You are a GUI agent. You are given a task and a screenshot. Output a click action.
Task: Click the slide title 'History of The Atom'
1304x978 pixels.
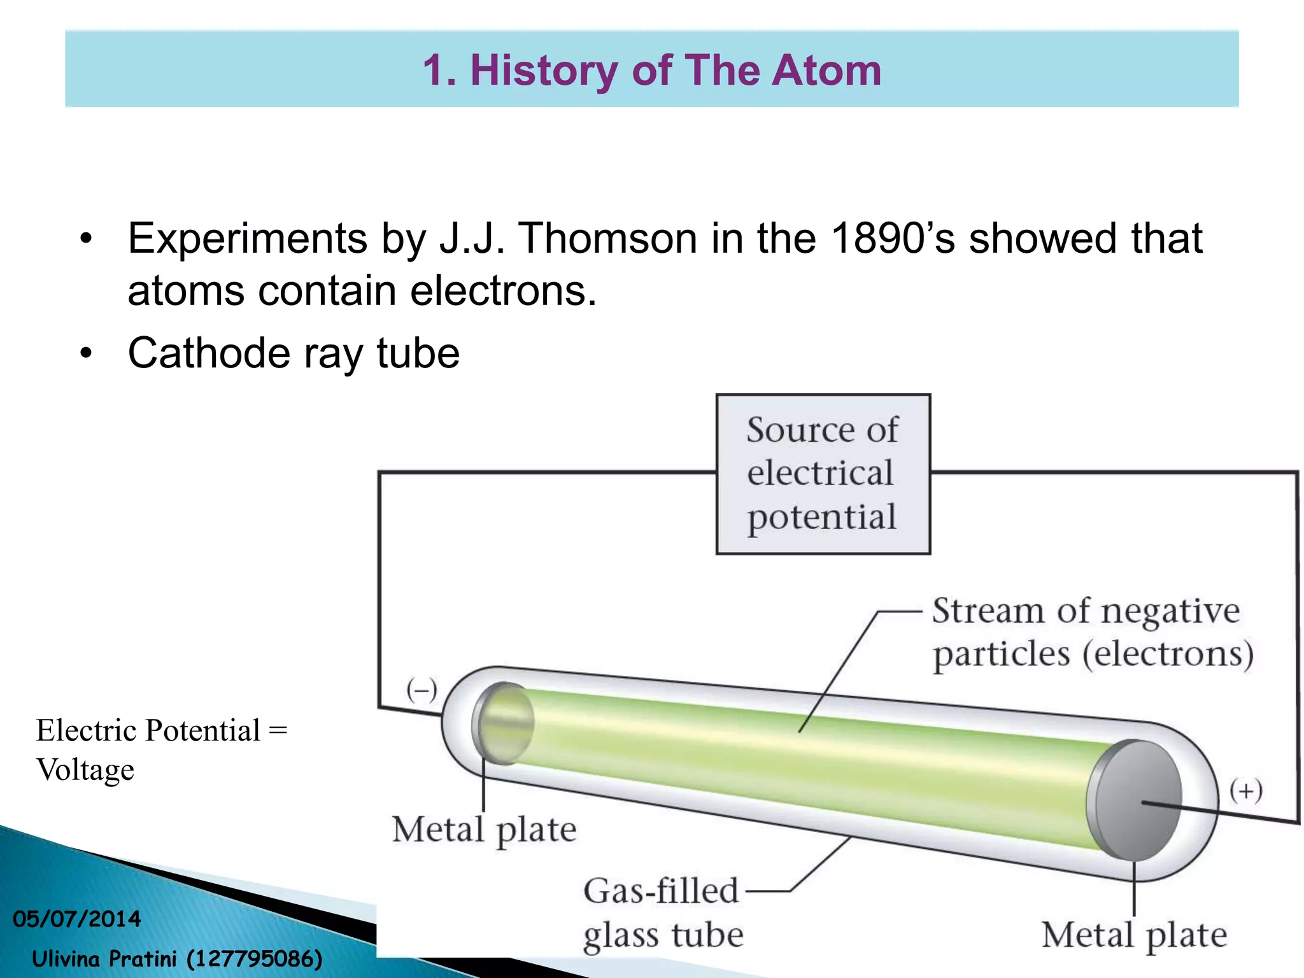coord(675,70)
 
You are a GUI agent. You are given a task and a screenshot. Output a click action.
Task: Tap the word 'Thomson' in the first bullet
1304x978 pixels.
coord(608,239)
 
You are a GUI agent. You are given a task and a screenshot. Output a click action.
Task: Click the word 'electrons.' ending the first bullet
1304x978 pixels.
coord(503,292)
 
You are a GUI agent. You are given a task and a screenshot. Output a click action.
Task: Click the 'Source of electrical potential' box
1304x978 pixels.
coord(823,474)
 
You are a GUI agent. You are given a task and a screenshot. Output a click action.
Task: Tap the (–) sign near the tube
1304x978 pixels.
coord(422,690)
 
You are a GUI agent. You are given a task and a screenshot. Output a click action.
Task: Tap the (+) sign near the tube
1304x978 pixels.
coord(1245,791)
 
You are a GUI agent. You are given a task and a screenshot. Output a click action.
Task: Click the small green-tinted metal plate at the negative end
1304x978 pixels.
coord(505,723)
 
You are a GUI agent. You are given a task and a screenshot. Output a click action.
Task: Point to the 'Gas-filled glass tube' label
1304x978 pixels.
coord(662,913)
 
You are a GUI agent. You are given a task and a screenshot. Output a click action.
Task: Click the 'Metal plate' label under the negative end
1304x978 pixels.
coord(484,830)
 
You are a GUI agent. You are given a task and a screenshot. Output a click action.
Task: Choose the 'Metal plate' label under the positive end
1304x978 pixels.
coord(1134,935)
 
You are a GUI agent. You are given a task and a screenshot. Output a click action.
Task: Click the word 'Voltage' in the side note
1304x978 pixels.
coord(85,770)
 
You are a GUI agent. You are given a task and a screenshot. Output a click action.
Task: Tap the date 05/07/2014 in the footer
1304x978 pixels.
coord(77,919)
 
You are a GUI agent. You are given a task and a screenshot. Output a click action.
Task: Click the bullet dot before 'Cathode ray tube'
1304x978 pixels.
coord(86,353)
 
